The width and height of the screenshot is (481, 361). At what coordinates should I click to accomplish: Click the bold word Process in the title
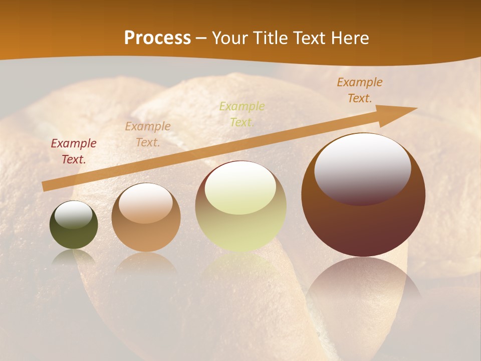(x=157, y=38)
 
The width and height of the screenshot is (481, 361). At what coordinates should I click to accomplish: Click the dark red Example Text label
(x=74, y=151)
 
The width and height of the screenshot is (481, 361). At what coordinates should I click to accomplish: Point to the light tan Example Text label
(x=148, y=134)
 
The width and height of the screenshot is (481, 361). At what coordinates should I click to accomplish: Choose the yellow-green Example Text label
(x=242, y=114)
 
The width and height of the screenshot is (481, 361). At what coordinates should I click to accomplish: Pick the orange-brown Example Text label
(x=360, y=90)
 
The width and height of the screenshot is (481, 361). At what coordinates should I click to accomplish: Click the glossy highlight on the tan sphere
(x=146, y=203)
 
